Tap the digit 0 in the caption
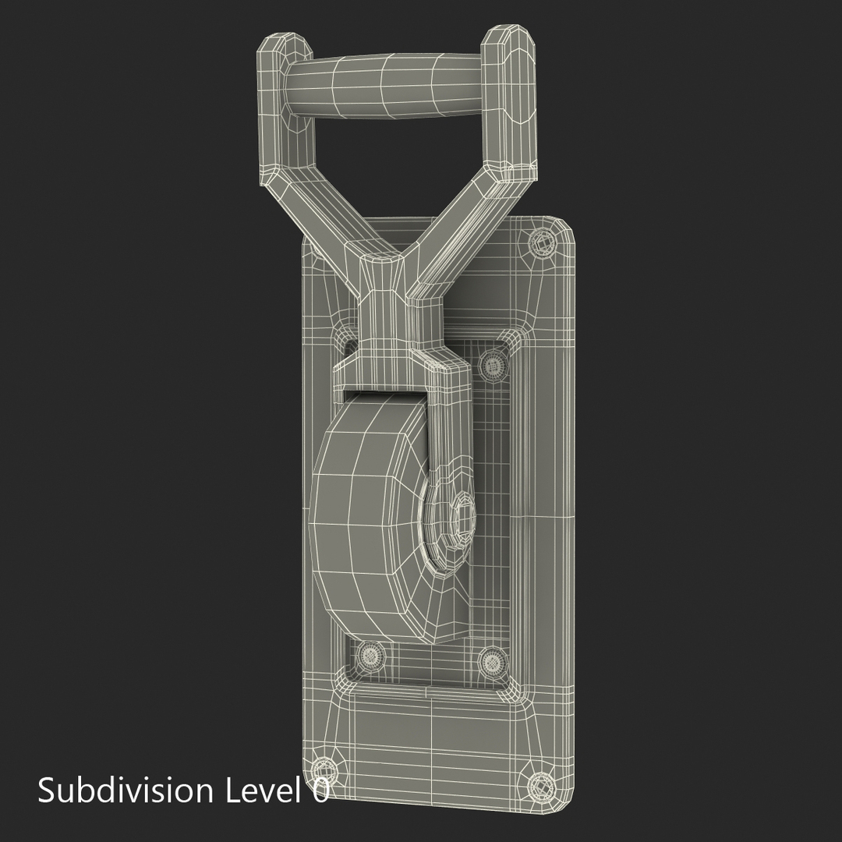point(320,790)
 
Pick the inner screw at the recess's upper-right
point(492,363)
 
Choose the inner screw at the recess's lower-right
point(492,662)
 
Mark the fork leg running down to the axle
point(448,421)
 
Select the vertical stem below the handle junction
point(382,312)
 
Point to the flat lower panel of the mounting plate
point(437,733)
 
